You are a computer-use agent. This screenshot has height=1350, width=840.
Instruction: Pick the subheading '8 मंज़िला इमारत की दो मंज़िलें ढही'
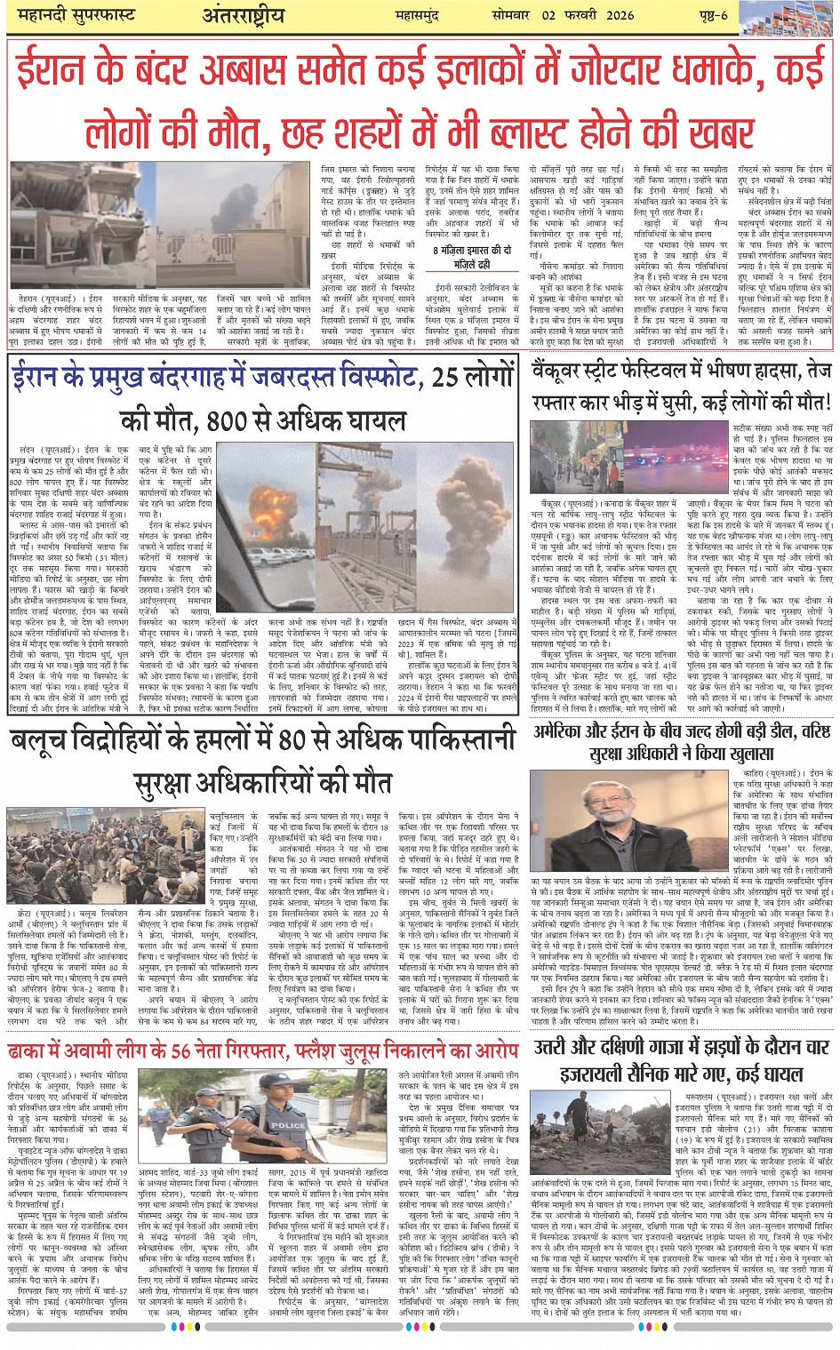coord(472,257)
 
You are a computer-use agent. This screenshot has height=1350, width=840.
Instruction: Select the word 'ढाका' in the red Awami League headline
coord(32,1050)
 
